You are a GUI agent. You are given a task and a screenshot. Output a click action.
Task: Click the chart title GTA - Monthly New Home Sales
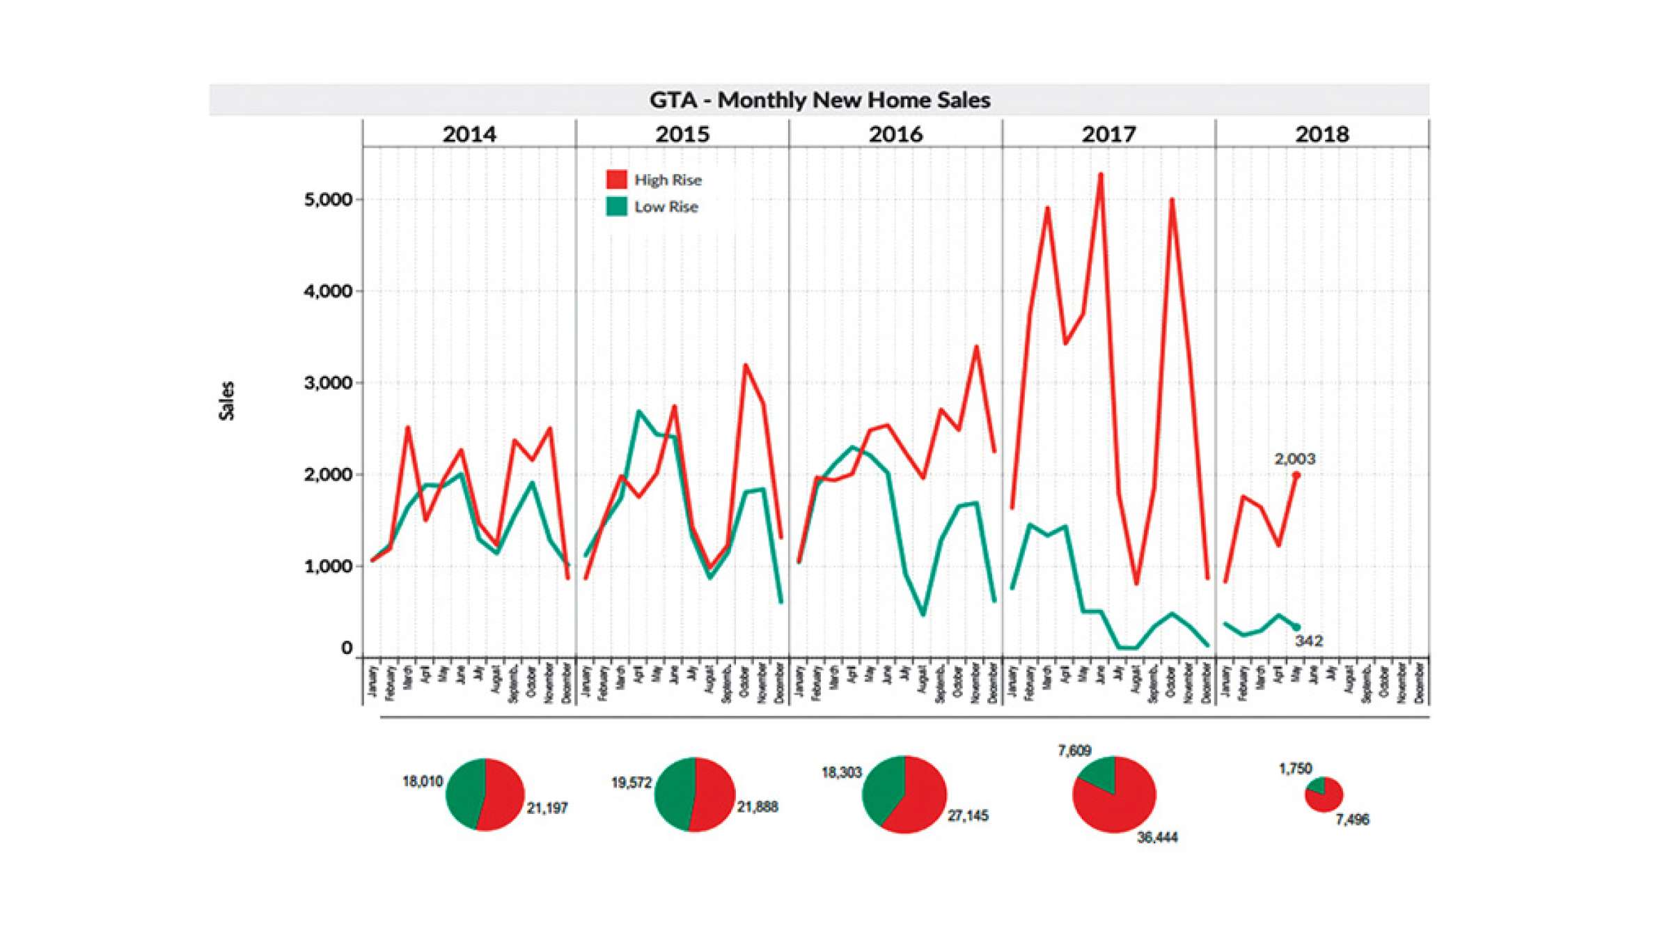tap(819, 100)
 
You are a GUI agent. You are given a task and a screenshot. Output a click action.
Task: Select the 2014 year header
tap(469, 134)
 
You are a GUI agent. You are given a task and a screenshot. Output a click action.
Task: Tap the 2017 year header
tap(1108, 134)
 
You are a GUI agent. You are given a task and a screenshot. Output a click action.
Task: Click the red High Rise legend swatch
tap(616, 180)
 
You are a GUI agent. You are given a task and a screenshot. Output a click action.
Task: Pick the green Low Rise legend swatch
tap(616, 207)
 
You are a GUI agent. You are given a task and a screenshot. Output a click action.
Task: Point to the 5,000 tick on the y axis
tap(328, 200)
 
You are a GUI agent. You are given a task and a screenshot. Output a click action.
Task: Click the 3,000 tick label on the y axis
tap(328, 383)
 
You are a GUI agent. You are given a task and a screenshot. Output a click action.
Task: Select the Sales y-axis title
tap(227, 401)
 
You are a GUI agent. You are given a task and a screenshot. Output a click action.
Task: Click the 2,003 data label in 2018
tap(1294, 459)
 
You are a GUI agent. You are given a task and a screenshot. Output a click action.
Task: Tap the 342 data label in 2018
tap(1308, 641)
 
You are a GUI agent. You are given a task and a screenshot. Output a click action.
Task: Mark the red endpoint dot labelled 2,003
tap(1296, 475)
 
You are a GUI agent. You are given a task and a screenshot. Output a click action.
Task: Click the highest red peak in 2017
tap(1101, 175)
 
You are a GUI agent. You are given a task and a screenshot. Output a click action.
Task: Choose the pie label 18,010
tap(422, 781)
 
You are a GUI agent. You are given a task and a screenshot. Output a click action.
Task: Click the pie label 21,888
tap(758, 807)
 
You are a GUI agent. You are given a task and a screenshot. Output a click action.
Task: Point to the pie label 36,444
tap(1157, 838)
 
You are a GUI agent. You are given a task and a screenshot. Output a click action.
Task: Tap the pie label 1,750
tap(1295, 769)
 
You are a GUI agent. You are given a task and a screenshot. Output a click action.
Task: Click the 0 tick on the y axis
tap(347, 648)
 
